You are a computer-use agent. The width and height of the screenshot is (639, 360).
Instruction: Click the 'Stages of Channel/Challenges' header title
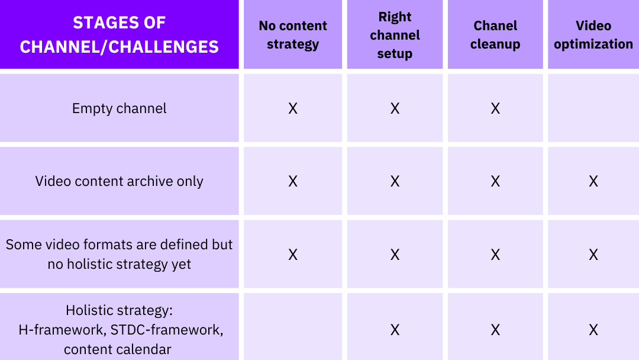point(120,34)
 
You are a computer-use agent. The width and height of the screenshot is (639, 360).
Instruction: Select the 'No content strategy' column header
point(293,35)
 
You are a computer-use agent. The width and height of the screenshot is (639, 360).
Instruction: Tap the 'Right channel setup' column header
point(395,35)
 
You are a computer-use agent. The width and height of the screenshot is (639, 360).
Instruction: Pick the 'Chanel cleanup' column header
point(495,35)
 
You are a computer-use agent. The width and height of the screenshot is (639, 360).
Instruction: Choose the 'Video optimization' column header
point(593,35)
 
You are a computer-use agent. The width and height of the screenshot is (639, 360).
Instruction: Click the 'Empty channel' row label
point(120,108)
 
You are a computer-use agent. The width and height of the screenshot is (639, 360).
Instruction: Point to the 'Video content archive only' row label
point(120,181)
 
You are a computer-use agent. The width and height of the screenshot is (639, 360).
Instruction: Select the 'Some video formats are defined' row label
point(120,254)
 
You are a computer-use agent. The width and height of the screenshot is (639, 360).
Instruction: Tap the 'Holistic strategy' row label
point(120,329)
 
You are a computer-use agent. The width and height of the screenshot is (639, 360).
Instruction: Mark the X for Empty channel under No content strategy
point(293,108)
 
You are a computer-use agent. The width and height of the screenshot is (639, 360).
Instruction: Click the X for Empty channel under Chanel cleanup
point(495,108)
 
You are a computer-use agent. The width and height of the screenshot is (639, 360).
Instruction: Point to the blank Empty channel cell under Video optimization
point(593,108)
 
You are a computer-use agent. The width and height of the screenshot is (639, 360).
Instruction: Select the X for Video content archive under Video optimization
point(593,181)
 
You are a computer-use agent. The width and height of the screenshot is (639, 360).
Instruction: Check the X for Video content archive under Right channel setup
point(395,181)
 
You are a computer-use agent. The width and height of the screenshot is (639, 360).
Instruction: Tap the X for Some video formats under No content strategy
point(293,255)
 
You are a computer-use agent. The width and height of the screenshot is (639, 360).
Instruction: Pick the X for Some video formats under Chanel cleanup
point(495,255)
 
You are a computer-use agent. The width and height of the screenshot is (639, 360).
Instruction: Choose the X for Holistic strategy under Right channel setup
point(395,329)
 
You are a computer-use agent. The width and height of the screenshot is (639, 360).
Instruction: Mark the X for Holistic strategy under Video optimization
point(593,329)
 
